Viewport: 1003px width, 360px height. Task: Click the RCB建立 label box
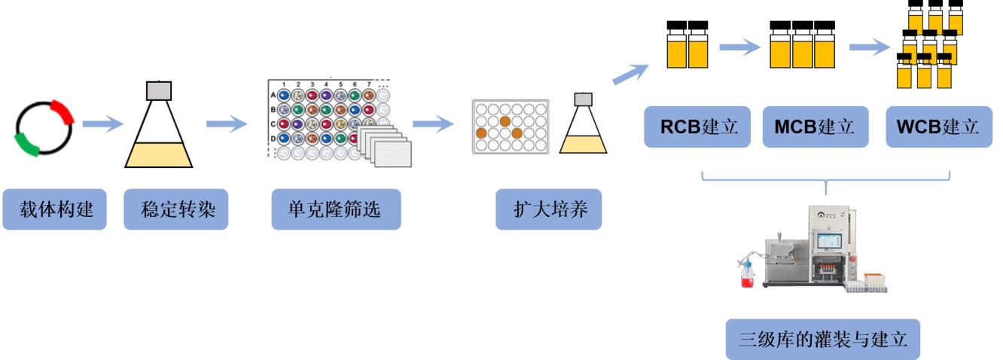pyautogui.click(x=688, y=126)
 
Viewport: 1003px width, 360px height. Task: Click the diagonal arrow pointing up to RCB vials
pyautogui.click(x=630, y=74)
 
